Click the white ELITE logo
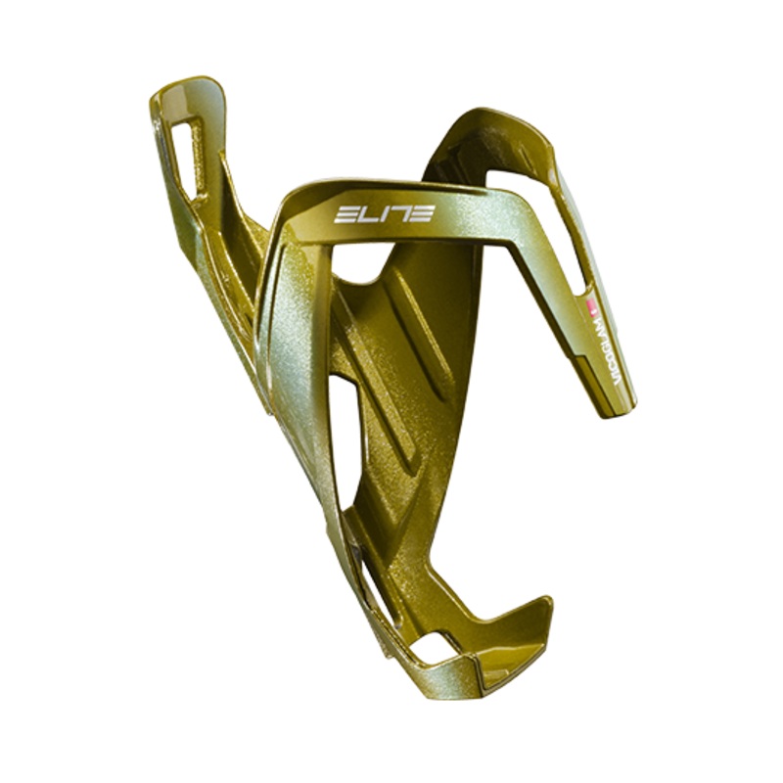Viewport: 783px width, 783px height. click(383, 213)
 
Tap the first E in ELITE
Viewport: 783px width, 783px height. click(345, 214)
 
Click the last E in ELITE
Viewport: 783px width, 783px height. click(419, 212)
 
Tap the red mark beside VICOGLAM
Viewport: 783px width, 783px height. click(589, 305)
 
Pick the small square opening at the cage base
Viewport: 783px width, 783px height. click(432, 648)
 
